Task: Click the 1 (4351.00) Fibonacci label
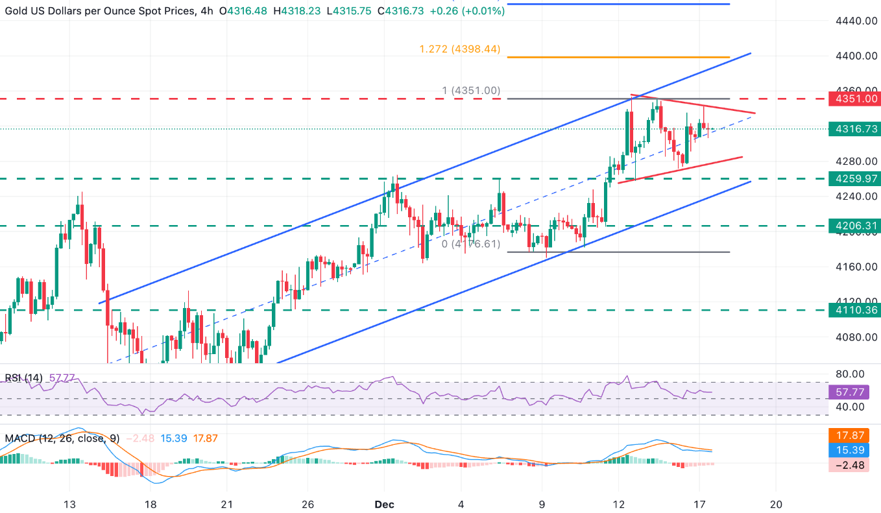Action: (x=471, y=91)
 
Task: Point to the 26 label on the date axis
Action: (x=308, y=504)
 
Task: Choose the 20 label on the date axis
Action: (x=776, y=504)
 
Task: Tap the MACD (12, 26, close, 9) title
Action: (x=62, y=438)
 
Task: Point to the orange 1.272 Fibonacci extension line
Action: (x=616, y=58)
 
